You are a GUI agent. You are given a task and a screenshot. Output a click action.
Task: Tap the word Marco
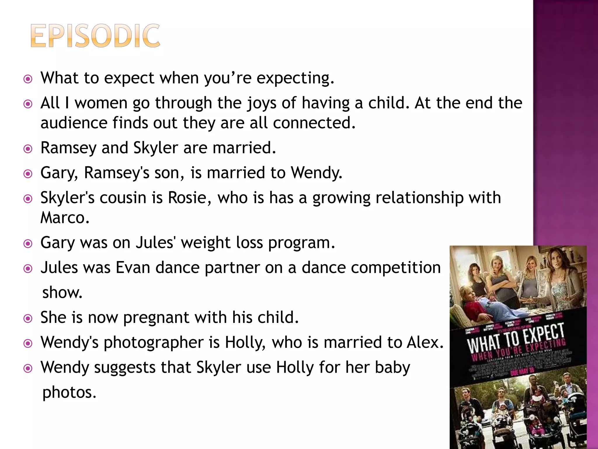[65, 217]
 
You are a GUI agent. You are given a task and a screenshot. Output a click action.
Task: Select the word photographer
[154, 343]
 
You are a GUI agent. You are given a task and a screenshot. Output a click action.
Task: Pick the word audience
[74, 123]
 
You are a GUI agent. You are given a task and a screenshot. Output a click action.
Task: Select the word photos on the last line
[69, 392]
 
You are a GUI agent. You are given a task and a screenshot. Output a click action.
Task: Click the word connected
[314, 123]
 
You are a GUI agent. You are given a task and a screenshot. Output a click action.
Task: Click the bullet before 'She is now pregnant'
[28, 318]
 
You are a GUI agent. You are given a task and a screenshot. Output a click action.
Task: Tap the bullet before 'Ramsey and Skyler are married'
[28, 149]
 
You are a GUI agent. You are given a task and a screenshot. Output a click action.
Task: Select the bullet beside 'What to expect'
[28, 79]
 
